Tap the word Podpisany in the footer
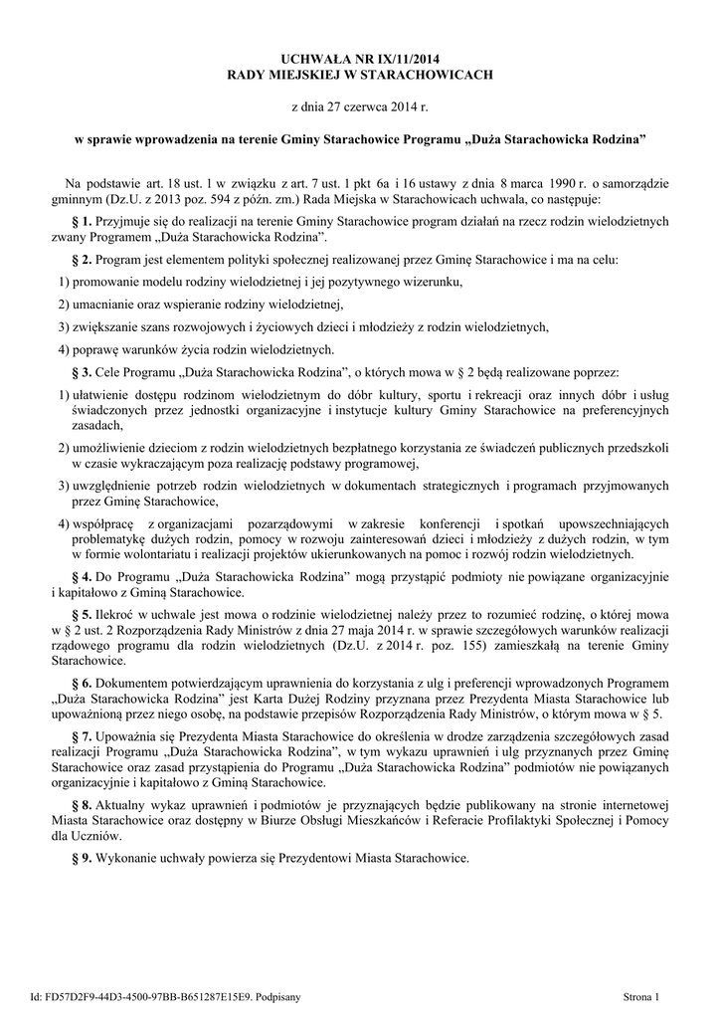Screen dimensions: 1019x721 pos(276,996)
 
